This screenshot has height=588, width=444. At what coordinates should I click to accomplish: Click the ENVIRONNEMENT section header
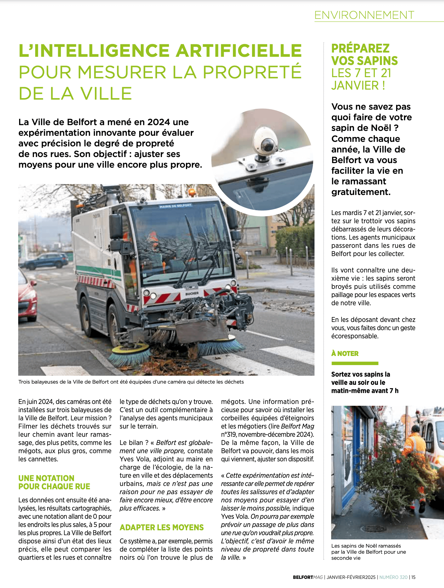point(364,15)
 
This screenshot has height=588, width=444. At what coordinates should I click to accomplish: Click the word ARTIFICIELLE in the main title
point(239,51)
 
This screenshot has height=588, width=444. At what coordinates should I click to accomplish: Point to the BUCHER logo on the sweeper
point(192,293)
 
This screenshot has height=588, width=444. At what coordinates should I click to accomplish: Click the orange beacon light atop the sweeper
point(192,192)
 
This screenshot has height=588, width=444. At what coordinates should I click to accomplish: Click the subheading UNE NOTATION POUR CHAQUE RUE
point(54,482)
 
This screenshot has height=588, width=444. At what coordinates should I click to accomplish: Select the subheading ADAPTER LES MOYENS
point(162,527)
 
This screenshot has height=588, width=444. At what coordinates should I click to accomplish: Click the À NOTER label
point(345,354)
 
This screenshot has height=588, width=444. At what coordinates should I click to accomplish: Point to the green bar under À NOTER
point(355,363)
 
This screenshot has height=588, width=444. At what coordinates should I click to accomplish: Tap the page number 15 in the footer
point(413,577)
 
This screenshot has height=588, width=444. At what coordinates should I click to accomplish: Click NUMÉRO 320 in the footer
point(393,577)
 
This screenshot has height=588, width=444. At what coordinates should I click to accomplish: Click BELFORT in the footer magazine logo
point(303,577)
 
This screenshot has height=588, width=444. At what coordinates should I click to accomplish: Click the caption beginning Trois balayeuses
point(131,382)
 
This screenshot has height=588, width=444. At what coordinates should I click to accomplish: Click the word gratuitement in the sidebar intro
point(361,192)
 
